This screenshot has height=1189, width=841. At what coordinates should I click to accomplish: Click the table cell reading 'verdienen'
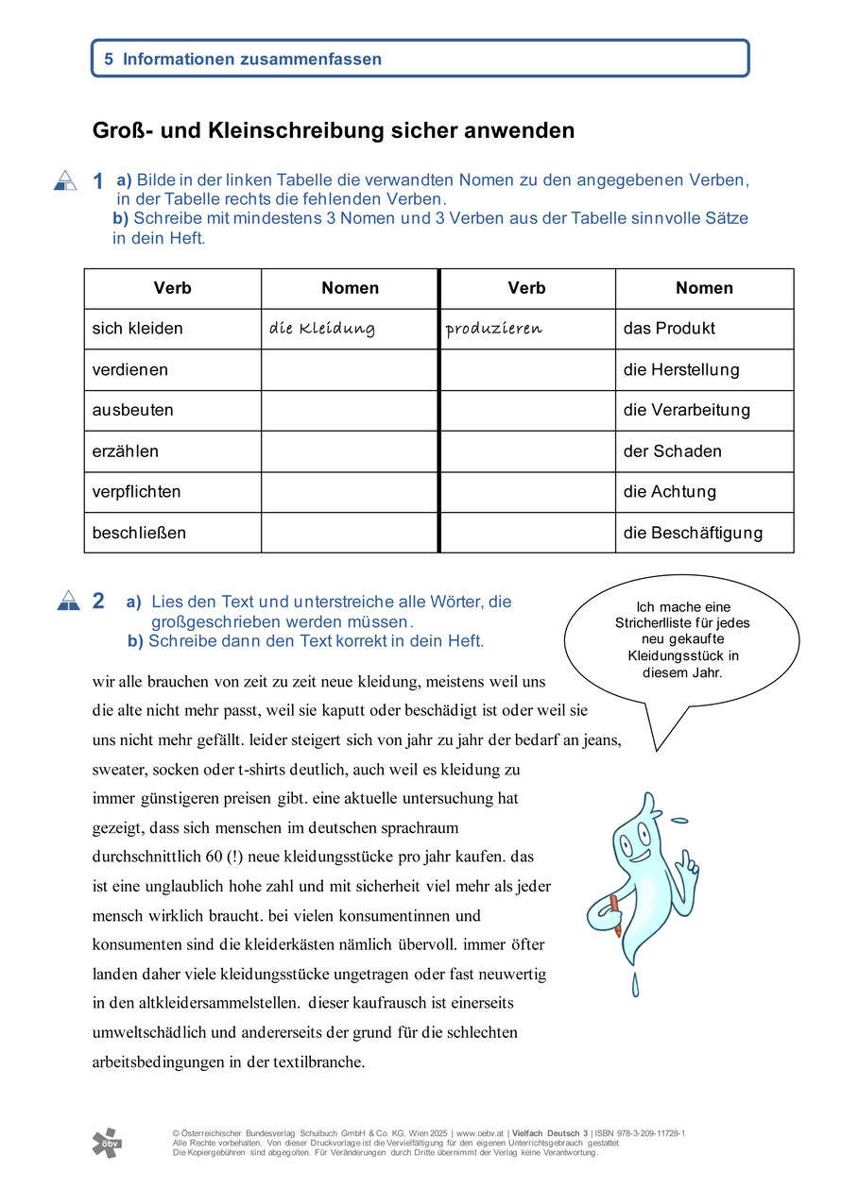129,369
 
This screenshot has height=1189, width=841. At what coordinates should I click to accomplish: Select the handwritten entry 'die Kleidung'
322,329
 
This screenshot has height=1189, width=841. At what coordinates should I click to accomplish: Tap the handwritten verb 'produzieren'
494,329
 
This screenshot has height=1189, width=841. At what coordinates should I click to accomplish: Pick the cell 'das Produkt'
669,329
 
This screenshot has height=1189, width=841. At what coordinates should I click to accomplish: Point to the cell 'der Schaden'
672,450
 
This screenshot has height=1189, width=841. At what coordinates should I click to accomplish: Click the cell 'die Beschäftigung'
692,533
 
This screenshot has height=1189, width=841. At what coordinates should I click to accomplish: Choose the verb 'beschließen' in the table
139,533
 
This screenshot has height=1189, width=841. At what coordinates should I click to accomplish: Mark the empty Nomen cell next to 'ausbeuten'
350,410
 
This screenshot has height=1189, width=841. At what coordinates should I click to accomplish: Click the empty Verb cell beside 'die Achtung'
527,491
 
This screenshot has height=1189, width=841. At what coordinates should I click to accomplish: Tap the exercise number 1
98,181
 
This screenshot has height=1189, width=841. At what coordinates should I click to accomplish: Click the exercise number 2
98,601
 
